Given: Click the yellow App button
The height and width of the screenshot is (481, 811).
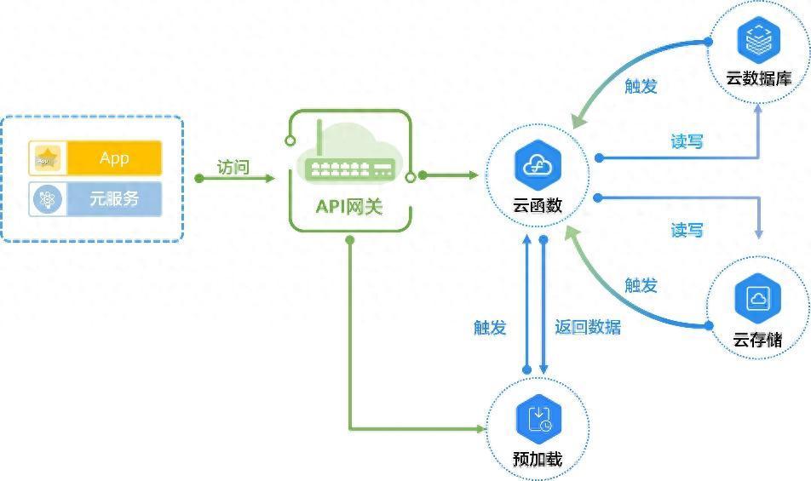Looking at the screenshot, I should [x=114, y=158].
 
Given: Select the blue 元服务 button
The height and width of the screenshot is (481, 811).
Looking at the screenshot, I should [x=114, y=199].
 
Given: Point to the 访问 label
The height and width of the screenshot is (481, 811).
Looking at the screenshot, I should [x=233, y=167].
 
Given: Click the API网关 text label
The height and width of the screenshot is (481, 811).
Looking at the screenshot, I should [x=349, y=206].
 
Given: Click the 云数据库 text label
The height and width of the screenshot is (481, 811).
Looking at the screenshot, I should [x=758, y=78].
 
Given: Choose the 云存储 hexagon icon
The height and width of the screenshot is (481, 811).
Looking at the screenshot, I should [x=757, y=298].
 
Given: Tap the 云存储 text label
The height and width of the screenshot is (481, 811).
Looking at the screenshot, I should [x=757, y=340].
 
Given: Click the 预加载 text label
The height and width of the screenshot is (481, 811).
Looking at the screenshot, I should [x=538, y=459].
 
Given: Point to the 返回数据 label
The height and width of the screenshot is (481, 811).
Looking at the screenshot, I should [x=588, y=327].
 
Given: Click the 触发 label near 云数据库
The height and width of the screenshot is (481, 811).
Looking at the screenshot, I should [x=641, y=86].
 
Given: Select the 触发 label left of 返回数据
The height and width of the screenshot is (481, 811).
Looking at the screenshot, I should [x=490, y=327].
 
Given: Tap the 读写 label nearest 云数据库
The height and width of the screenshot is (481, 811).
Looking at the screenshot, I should [x=687, y=141].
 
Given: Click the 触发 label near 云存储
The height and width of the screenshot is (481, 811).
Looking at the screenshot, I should [x=641, y=285].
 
